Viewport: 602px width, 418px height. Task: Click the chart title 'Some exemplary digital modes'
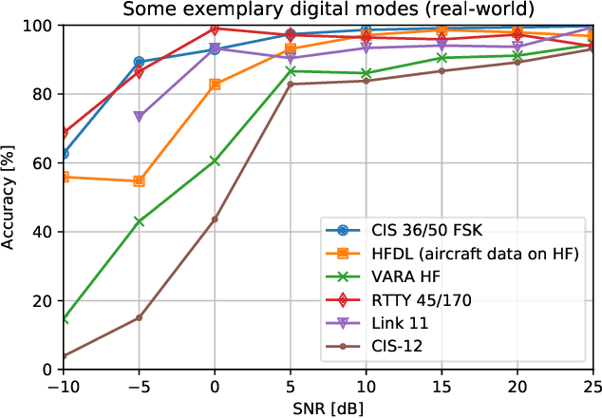tap(328, 9)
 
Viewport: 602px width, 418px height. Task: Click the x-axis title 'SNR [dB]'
tap(328, 408)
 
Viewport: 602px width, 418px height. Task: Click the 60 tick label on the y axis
tap(42, 162)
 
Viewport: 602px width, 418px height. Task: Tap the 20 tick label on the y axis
tap(42, 300)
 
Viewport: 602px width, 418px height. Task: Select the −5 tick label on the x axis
tap(139, 388)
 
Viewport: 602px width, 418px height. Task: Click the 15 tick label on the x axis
tap(442, 388)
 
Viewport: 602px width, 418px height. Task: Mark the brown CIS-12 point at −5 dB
tap(140, 317)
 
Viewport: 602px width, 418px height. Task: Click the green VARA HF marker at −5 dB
tap(140, 221)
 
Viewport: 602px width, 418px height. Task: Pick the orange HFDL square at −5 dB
tap(140, 180)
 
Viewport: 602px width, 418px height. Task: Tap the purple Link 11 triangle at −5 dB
tap(140, 117)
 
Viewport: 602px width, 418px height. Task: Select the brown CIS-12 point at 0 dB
tap(215, 219)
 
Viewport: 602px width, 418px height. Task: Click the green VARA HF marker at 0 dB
tap(215, 161)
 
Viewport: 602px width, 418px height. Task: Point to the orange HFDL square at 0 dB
tap(215, 85)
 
